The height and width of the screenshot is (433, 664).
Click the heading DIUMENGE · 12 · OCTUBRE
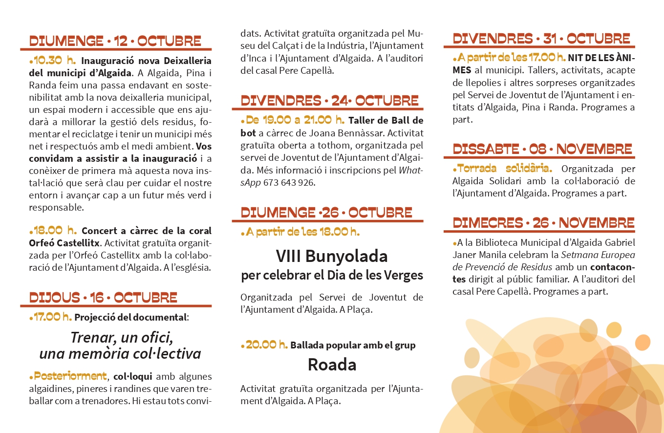pos(115,41)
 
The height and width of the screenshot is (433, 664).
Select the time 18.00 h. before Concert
pos(53,231)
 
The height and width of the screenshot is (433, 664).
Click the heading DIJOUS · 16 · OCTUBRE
pos(104,297)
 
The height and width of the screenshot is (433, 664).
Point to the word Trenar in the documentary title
pos(91,337)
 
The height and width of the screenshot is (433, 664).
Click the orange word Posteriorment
pos(68,376)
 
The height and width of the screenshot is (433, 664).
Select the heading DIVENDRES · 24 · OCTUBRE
pos(330,101)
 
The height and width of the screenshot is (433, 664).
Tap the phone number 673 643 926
pos(289,183)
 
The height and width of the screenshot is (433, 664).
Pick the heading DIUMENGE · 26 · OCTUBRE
pos(326,213)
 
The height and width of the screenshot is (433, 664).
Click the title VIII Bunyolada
pos(331,256)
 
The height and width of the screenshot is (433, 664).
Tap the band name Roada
pos(332,365)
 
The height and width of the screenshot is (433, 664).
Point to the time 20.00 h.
pos(264,345)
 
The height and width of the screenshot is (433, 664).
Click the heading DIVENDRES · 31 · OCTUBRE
pos(541,39)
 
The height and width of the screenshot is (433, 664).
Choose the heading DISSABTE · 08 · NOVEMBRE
pos(542,149)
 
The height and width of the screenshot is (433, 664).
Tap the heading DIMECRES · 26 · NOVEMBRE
pos(543,223)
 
